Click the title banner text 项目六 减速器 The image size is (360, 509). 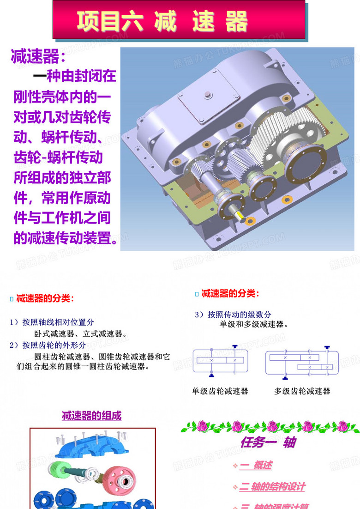(162, 21)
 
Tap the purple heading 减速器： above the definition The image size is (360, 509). (38, 57)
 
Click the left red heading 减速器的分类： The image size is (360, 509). (45, 298)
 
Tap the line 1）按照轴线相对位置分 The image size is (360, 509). (52, 322)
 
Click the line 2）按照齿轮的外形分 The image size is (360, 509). (48, 345)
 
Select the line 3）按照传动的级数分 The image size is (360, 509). (233, 315)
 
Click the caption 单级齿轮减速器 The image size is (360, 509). (220, 391)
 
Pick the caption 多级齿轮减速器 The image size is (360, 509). (302, 391)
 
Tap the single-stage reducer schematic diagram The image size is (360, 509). (220, 360)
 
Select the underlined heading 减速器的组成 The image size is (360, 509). (92, 416)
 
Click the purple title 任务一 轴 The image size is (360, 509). (268, 442)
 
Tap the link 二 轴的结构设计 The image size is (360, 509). (272, 487)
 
